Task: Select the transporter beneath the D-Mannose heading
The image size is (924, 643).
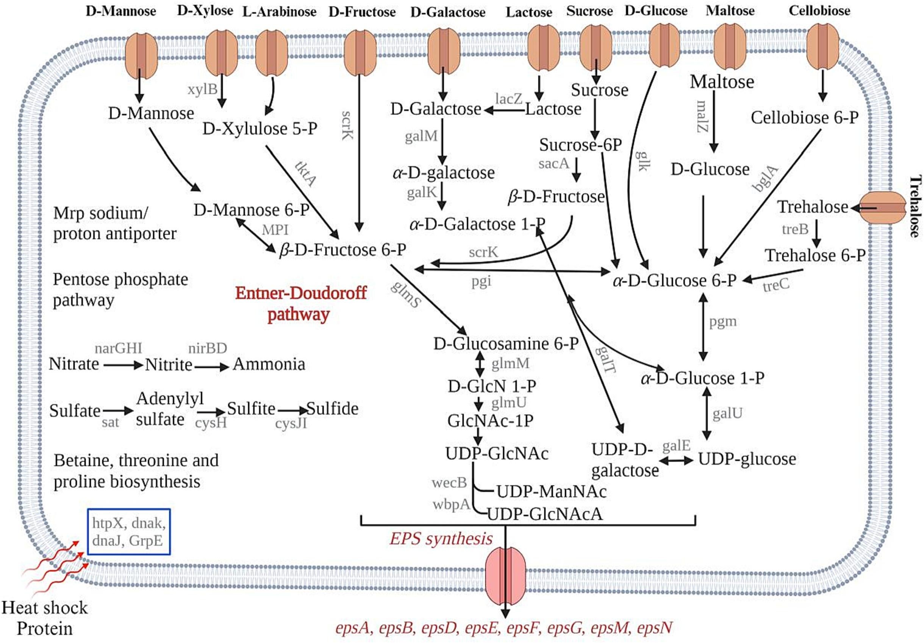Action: (141, 56)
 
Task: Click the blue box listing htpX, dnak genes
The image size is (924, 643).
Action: (129, 532)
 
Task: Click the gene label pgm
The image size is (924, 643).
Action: (723, 321)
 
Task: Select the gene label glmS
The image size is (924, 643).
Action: (406, 295)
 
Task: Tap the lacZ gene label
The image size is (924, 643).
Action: (509, 98)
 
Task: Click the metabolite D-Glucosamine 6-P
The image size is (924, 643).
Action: (506, 343)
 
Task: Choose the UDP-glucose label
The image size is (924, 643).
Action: (747, 459)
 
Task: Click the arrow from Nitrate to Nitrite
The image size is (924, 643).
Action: (123, 365)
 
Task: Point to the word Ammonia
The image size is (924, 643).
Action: (269, 364)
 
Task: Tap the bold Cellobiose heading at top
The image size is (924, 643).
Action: (819, 11)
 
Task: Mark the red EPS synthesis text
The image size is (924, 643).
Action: (441, 538)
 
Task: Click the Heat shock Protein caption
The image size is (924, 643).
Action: (44, 618)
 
